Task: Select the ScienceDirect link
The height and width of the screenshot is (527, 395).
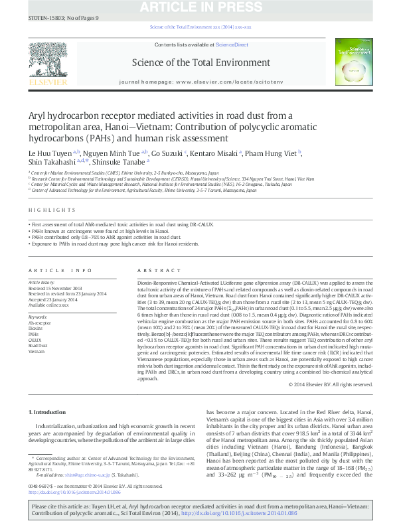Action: [232, 44]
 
